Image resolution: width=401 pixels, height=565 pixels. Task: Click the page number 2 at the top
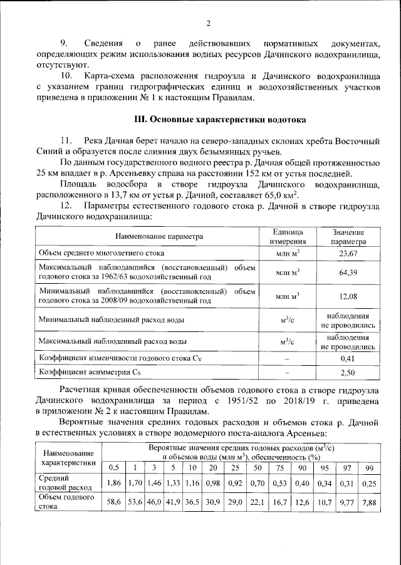tap(209, 24)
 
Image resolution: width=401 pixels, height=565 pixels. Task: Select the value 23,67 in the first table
tap(348, 253)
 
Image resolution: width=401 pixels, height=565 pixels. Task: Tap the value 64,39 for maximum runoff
tap(348, 272)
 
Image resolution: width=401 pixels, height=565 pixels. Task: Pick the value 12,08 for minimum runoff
tap(348, 296)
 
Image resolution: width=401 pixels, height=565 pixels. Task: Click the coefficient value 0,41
tap(348, 359)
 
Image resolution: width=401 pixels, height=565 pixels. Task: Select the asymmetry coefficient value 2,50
tap(348, 373)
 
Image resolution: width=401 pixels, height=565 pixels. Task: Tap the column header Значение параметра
tap(348, 237)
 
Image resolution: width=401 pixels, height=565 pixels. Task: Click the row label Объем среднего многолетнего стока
tap(102, 253)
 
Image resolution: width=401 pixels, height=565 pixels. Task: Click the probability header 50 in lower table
tap(255, 468)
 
